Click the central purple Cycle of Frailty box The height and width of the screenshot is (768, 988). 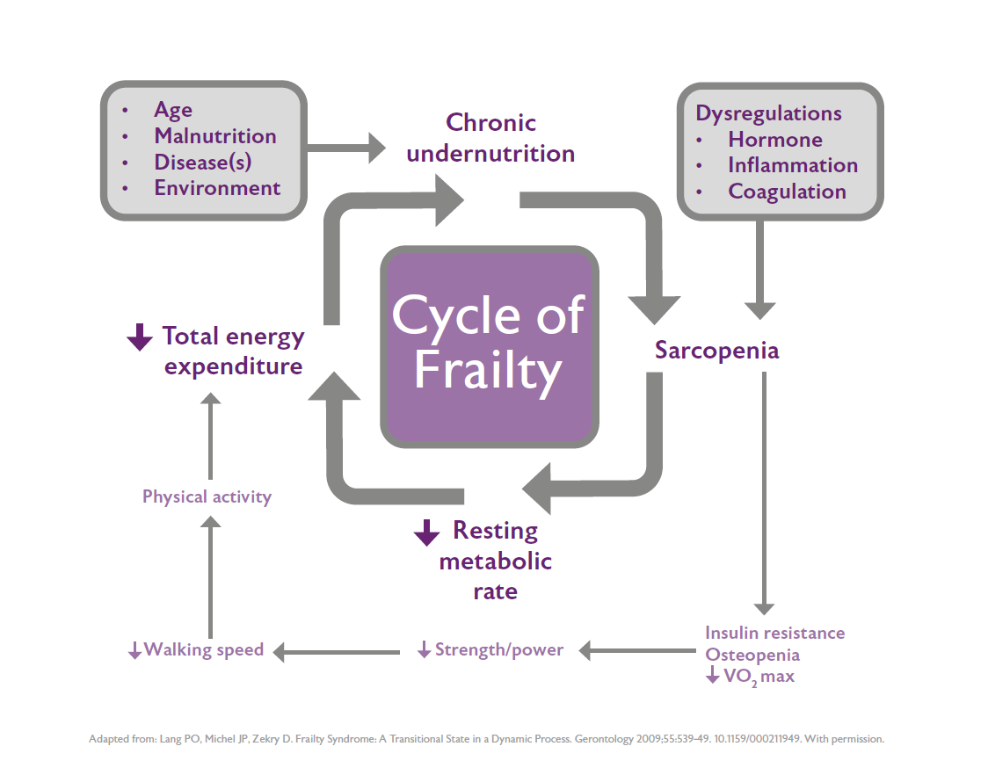(x=490, y=346)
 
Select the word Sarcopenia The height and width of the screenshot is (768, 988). (x=716, y=351)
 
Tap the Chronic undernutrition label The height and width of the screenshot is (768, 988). (x=490, y=138)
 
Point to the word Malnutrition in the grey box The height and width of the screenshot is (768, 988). (x=215, y=136)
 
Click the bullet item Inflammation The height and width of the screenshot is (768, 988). (x=792, y=165)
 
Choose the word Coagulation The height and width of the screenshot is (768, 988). (x=787, y=192)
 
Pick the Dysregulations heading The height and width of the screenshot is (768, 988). (x=768, y=113)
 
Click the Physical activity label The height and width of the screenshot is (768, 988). (x=207, y=497)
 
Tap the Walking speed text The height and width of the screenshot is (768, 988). (x=204, y=650)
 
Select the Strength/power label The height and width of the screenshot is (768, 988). (x=498, y=651)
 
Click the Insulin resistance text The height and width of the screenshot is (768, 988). (x=774, y=633)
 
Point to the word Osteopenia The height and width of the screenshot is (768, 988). (x=752, y=655)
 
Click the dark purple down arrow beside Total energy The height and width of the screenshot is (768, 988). (x=140, y=337)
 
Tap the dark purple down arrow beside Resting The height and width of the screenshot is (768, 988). (x=426, y=532)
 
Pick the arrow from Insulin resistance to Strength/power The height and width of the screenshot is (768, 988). (x=636, y=651)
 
